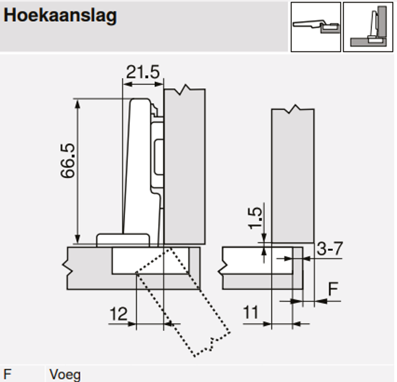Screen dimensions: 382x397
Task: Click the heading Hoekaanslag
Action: pos(60,16)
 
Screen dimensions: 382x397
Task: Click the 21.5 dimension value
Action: pos(144,72)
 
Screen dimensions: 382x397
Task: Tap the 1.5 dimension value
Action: pos(255,218)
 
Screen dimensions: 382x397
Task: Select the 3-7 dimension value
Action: pos(329,249)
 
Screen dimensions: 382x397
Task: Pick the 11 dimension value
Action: pos(250,313)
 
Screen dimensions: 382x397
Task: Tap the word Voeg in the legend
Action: pos(65,375)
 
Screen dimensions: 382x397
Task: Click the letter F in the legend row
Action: pos(8,375)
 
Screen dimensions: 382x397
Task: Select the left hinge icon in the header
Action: pos(316,26)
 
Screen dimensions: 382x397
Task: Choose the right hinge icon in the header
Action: pos(368,26)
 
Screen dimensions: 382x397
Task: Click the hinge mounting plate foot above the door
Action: pos(123,240)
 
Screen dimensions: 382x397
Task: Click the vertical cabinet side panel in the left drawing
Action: pos(184,166)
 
